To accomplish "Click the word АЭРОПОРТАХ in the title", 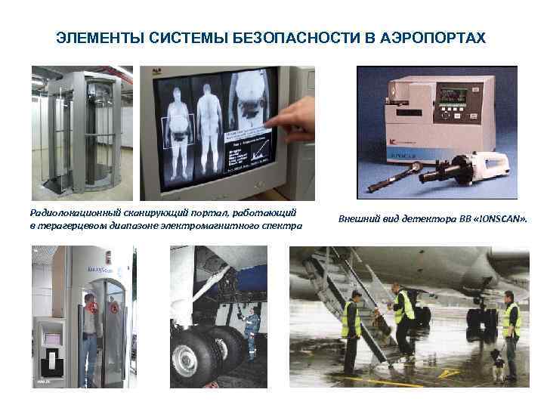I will pos(437,37).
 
